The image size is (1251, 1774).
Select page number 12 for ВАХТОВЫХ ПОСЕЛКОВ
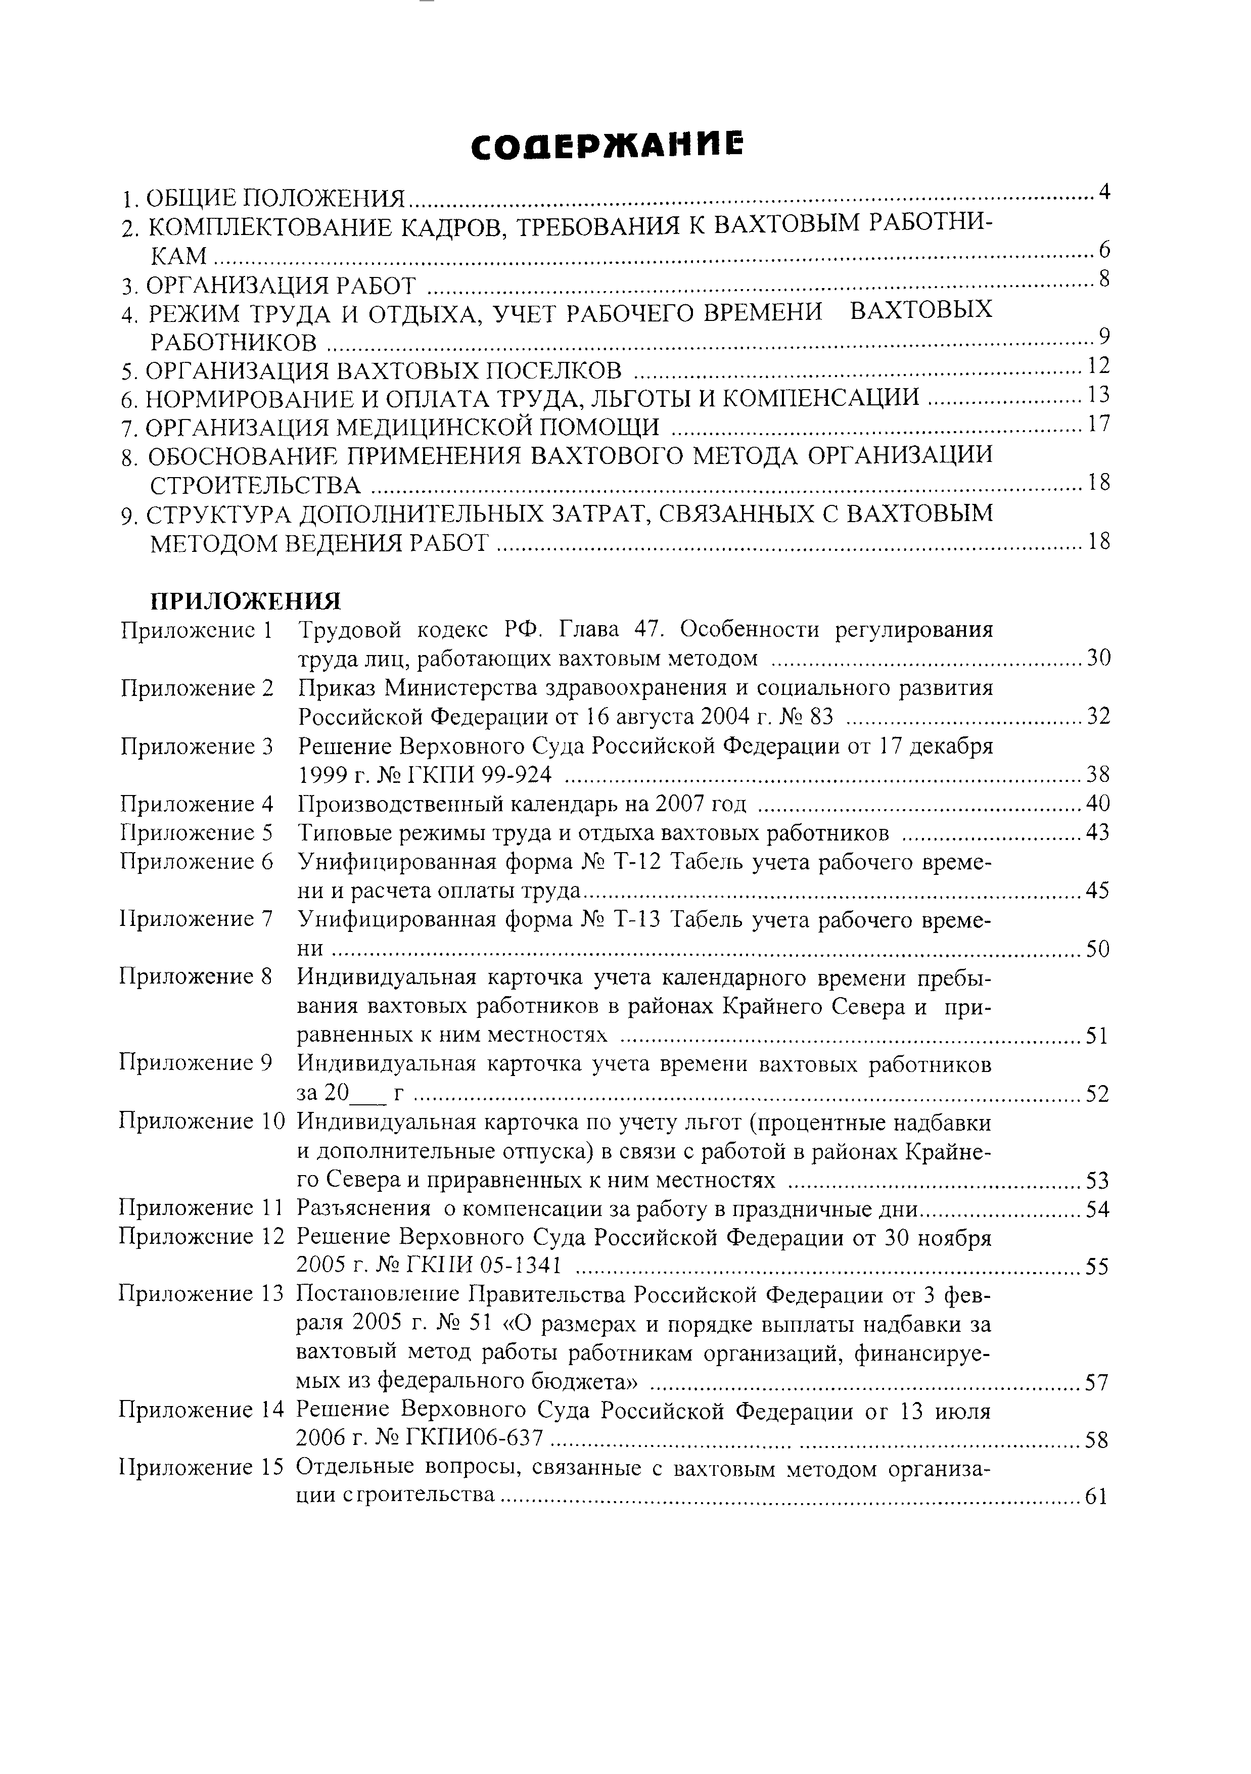pyautogui.click(x=1098, y=365)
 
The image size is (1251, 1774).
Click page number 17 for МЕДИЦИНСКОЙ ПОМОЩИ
pyautogui.click(x=1098, y=424)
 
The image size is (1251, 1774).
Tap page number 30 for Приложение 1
pyautogui.click(x=1098, y=658)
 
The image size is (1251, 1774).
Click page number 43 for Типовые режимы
pyautogui.click(x=1098, y=833)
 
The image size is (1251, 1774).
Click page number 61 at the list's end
pyautogui.click(x=1097, y=1497)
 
